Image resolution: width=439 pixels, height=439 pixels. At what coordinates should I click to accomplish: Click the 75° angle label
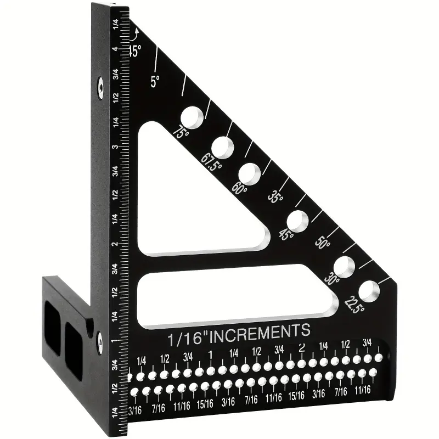(x=181, y=132)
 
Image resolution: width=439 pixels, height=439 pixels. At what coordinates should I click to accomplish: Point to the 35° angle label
(x=275, y=196)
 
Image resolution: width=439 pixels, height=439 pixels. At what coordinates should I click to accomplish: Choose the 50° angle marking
(x=323, y=243)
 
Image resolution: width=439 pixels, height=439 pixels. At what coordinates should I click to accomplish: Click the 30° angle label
(x=332, y=278)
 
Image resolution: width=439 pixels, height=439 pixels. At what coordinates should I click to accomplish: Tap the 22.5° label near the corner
(x=354, y=305)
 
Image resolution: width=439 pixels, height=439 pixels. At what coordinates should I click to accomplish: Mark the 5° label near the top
(x=155, y=81)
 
